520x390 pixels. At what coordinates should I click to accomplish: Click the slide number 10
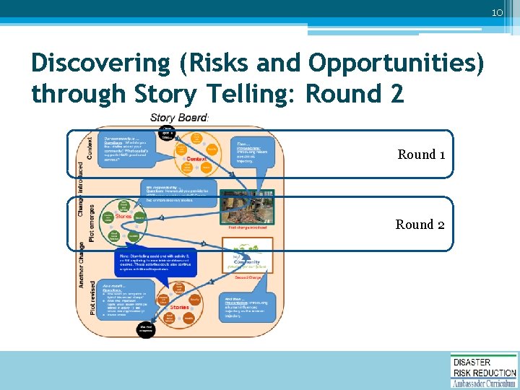(497, 14)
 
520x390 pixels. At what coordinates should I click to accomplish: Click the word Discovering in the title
(98, 63)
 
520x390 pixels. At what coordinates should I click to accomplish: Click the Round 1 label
(417, 154)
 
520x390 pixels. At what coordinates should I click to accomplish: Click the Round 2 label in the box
(420, 225)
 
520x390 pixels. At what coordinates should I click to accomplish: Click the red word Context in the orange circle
(196, 159)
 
